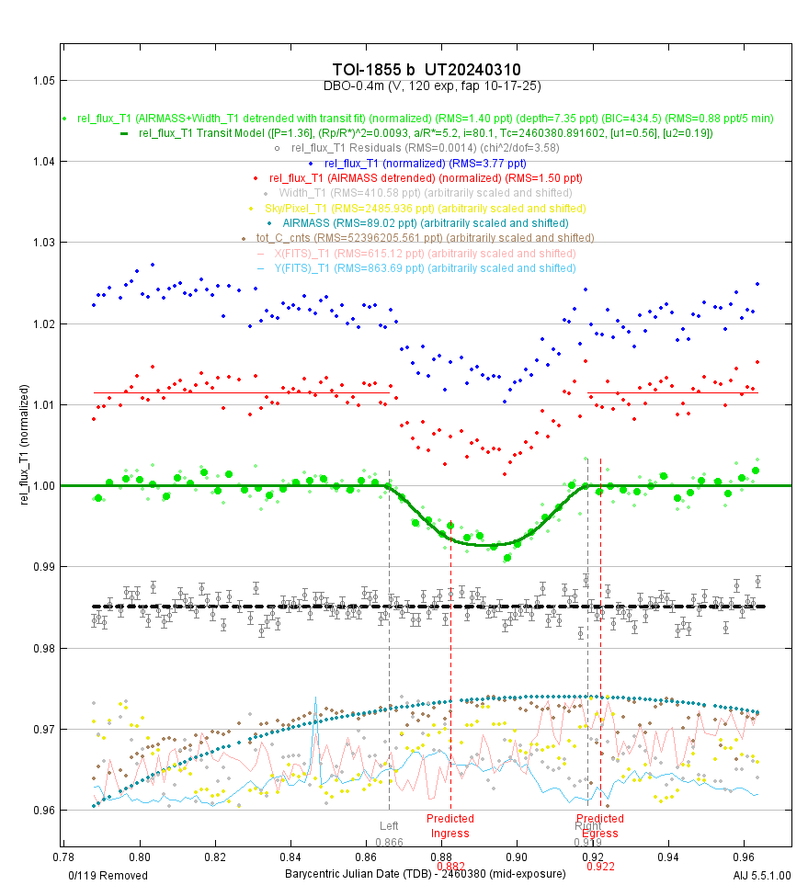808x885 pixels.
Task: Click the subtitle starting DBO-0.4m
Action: coord(431,85)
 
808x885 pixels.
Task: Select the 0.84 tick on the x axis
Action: coord(290,854)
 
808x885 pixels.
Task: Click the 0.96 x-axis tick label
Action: coord(744,854)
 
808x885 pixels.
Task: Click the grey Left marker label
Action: coord(390,825)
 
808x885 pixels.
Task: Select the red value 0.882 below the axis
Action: coord(450,866)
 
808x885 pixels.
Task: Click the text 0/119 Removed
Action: coord(108,875)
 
